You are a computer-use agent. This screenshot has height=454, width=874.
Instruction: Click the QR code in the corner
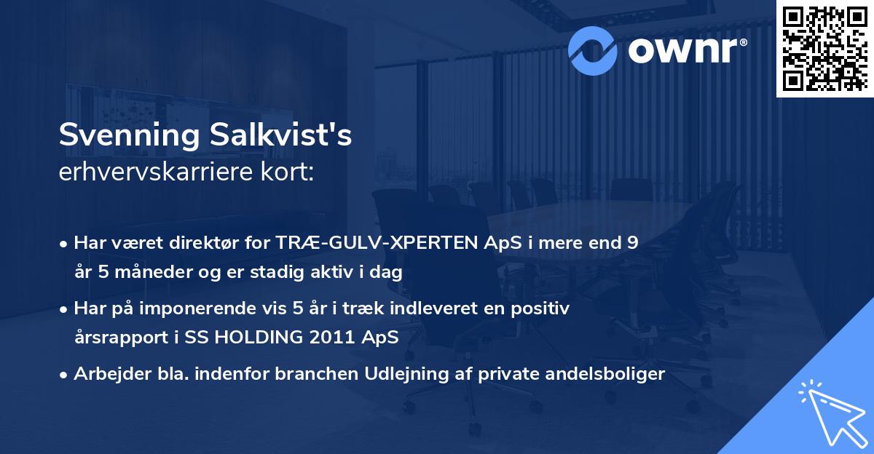824,48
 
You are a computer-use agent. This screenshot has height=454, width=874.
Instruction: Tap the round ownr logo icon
593,50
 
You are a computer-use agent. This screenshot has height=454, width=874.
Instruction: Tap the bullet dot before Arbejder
64,375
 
